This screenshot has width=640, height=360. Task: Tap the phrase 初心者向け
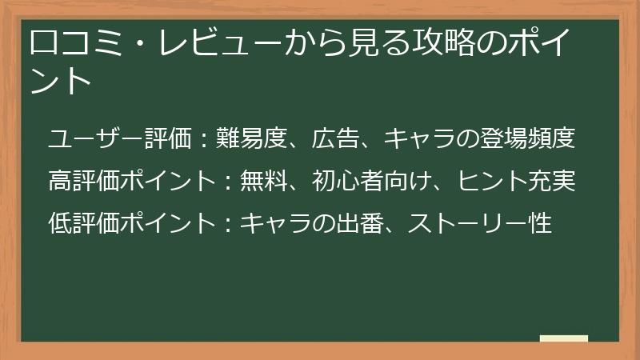tap(372, 181)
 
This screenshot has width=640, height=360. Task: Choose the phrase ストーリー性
tap(480, 222)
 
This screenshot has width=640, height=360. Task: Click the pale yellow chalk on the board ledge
tap(564, 339)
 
